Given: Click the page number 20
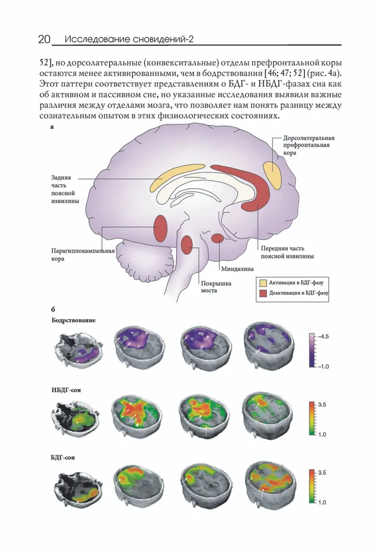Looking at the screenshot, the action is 45,39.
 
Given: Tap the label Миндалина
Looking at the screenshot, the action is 238,269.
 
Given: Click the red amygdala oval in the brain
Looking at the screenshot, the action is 218,239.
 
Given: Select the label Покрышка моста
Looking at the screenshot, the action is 216,287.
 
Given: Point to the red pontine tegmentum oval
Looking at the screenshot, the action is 186,245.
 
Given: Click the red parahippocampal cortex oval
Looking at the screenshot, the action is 160,228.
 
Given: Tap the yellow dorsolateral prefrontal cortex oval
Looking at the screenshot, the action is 273,175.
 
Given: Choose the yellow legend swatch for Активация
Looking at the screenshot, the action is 263,283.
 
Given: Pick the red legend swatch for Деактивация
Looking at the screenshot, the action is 263,293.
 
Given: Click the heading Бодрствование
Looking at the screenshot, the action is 73,321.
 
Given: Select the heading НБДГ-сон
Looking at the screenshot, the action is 66,390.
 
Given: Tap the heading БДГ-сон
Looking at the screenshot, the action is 63,458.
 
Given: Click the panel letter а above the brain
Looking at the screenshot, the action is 52,127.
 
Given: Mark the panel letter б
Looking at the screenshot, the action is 53,310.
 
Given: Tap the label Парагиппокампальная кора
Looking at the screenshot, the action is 83,255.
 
